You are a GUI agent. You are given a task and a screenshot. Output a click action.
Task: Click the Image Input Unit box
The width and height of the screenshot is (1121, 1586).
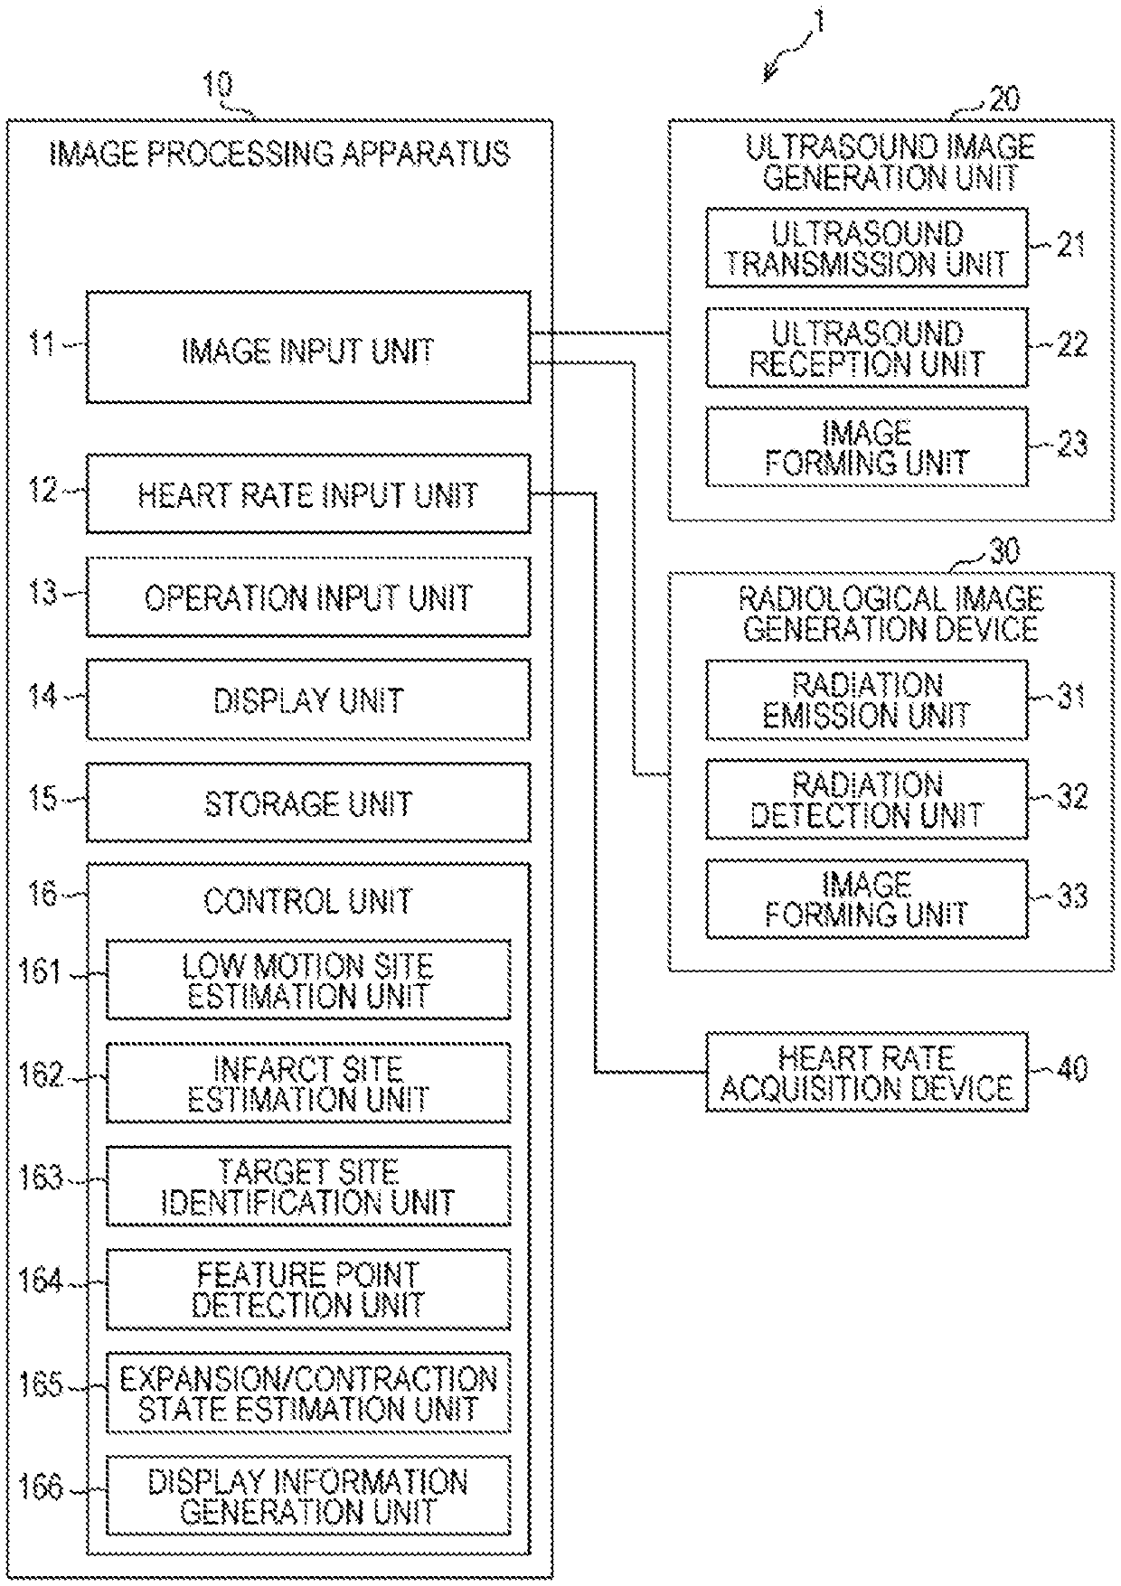(x=307, y=348)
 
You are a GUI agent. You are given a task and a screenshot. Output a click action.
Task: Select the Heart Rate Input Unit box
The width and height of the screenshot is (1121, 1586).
(x=307, y=494)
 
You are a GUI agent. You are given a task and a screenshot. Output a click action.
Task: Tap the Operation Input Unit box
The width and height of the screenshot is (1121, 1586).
(x=307, y=597)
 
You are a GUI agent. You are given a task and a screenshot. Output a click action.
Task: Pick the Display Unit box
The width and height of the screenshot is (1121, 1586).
(x=307, y=700)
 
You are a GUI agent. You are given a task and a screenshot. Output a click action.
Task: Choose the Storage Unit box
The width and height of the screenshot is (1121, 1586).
(x=307, y=803)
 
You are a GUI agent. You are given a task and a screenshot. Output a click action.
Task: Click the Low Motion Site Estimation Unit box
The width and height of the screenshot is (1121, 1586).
(x=307, y=981)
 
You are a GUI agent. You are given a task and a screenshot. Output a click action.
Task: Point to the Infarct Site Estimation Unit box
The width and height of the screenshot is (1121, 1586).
(x=307, y=1084)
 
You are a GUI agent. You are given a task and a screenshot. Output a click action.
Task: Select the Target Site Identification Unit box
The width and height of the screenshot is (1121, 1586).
(x=307, y=1187)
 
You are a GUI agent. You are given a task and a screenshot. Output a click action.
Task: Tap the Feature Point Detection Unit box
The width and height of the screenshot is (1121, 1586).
(x=307, y=1290)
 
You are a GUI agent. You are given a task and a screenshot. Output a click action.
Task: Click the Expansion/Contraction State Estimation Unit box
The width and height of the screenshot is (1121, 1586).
(x=307, y=1393)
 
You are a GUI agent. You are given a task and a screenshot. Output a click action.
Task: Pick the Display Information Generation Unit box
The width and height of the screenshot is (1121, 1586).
(x=307, y=1496)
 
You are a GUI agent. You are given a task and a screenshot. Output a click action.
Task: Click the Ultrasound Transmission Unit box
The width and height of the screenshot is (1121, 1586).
(x=866, y=249)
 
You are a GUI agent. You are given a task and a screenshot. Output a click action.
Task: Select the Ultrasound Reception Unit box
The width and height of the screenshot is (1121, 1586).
(x=866, y=348)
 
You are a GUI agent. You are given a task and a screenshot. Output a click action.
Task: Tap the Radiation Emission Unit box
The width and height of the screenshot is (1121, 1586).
(x=866, y=700)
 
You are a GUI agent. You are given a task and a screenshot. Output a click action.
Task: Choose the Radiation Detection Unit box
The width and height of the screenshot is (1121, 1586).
(x=866, y=800)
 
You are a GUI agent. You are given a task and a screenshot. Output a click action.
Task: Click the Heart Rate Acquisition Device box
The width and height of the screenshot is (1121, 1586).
(x=866, y=1073)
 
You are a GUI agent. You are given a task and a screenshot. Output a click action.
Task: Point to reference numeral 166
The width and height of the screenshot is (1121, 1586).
(x=42, y=1487)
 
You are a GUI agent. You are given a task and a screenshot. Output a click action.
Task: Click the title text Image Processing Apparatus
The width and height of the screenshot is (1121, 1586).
(x=278, y=154)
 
